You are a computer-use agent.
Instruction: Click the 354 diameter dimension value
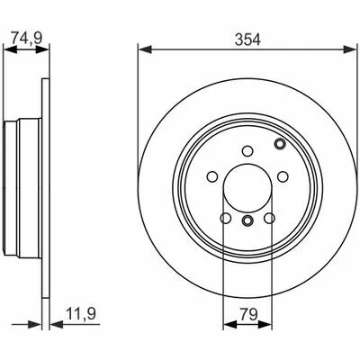click(247, 40)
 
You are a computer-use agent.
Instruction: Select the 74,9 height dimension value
click(27, 38)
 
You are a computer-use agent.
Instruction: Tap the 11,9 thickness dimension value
click(80, 314)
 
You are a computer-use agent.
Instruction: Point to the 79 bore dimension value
click(248, 314)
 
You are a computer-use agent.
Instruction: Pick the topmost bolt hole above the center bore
click(247, 151)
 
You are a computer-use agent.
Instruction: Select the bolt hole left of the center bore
click(212, 176)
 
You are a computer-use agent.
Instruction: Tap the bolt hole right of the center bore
click(283, 176)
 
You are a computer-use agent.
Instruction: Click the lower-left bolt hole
click(226, 218)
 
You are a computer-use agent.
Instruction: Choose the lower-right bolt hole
click(269, 218)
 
